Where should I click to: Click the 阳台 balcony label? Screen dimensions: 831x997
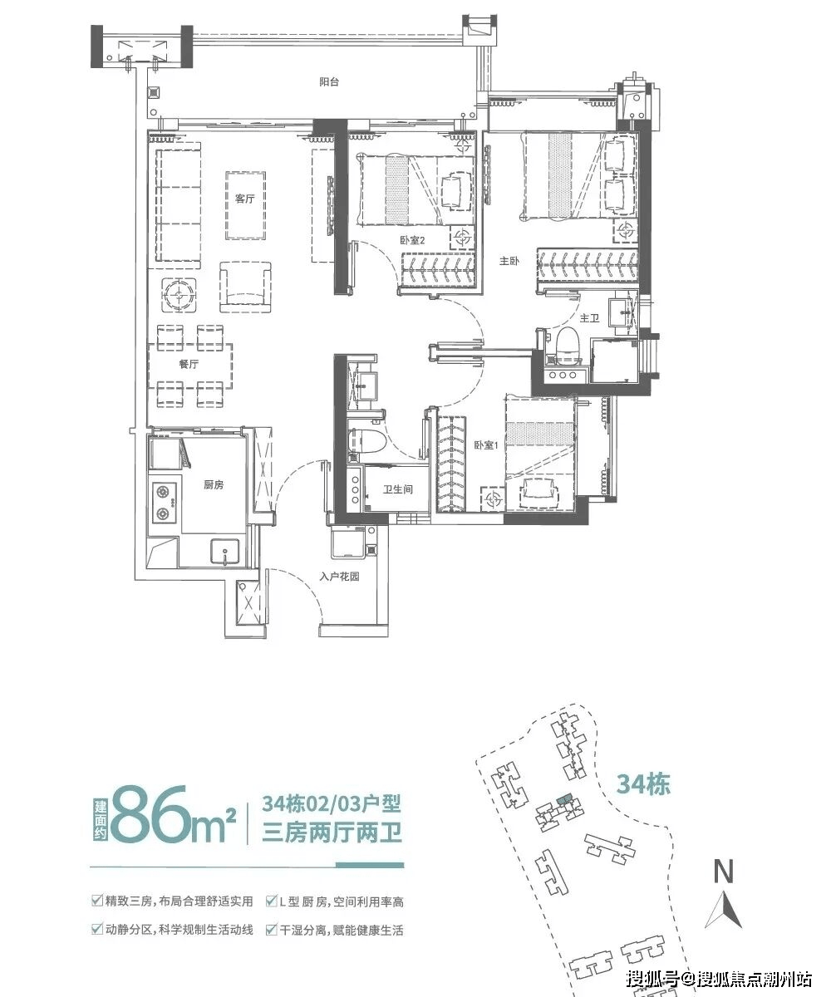[x=329, y=81]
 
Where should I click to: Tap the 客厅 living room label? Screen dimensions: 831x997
[x=244, y=199]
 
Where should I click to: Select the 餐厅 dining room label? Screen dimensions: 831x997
[x=189, y=364]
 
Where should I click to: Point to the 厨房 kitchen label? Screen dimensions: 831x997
[x=214, y=484]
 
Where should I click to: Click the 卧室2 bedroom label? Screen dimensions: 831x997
[x=413, y=240]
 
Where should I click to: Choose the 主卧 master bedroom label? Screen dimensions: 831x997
[x=509, y=261]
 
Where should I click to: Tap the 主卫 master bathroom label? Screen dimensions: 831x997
[x=589, y=318]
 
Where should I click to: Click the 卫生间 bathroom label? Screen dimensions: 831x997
[x=398, y=489]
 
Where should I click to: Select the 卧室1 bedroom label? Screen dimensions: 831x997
[x=486, y=445]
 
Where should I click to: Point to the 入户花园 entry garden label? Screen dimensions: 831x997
[x=339, y=577]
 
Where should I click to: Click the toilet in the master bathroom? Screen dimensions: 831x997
[x=567, y=342]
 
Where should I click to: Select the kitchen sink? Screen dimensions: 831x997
[x=225, y=553]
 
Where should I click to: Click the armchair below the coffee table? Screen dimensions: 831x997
[x=246, y=287]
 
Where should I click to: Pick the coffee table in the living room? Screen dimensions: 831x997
[x=245, y=206]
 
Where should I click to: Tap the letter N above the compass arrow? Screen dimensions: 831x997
[x=724, y=871]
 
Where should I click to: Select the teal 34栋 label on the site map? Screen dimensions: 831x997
[x=643, y=784]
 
